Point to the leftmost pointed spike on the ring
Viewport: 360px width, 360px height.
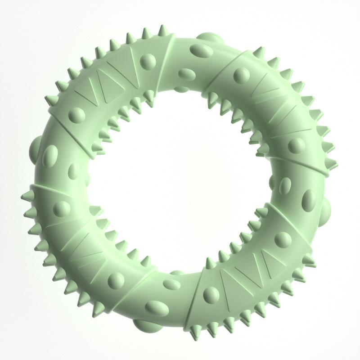[x=25, y=197]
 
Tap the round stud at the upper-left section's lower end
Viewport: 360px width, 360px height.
[x=75, y=115]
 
